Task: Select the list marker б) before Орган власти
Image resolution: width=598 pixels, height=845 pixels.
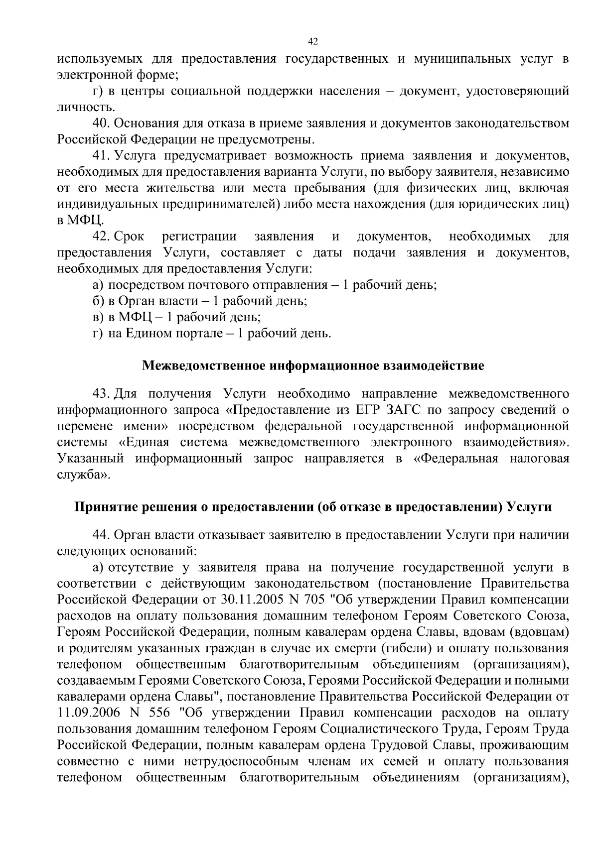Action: (x=98, y=301)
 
